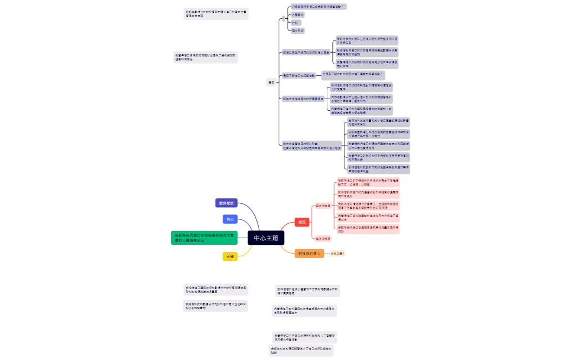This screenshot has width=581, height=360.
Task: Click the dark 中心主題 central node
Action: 266,238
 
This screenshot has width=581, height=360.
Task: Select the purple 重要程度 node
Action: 226,203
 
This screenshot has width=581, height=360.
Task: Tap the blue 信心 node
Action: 230,219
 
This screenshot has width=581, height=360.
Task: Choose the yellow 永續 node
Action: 230,256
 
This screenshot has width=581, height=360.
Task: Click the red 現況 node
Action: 302,222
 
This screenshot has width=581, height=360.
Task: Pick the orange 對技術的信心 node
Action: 309,254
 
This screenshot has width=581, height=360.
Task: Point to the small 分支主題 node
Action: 337,254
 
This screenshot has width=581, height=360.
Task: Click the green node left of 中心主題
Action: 204,238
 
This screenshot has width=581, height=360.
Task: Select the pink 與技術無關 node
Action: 323,205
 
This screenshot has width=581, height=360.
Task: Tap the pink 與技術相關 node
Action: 323,238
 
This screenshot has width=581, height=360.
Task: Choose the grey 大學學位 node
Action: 298,15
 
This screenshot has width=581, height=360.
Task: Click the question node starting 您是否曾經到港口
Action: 318,7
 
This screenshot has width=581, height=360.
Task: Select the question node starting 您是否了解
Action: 352,74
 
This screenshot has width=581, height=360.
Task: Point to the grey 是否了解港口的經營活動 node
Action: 299,75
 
